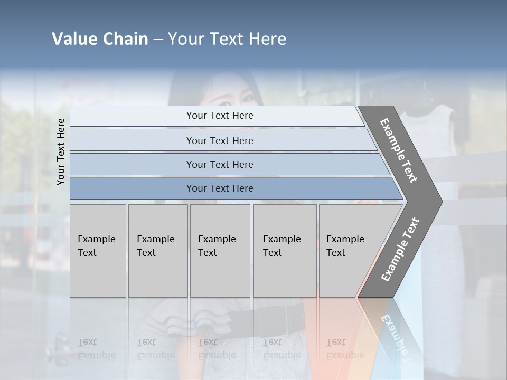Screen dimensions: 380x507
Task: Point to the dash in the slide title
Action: (x=158, y=40)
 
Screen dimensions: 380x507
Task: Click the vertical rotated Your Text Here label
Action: (x=61, y=151)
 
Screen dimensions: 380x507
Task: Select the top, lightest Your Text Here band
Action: (x=219, y=116)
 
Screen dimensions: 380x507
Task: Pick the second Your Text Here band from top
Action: (x=219, y=140)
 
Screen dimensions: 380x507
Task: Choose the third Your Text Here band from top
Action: (x=219, y=164)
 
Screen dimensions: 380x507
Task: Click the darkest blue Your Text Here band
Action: (x=219, y=188)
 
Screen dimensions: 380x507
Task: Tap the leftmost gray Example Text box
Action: (x=98, y=251)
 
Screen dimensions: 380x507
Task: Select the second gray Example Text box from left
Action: (x=157, y=251)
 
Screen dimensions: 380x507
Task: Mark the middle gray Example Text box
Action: (x=220, y=251)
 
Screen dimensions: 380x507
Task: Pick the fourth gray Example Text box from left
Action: (x=284, y=251)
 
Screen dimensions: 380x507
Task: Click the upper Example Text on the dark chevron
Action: (x=399, y=150)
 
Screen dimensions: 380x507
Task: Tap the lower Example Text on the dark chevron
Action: (x=400, y=249)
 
